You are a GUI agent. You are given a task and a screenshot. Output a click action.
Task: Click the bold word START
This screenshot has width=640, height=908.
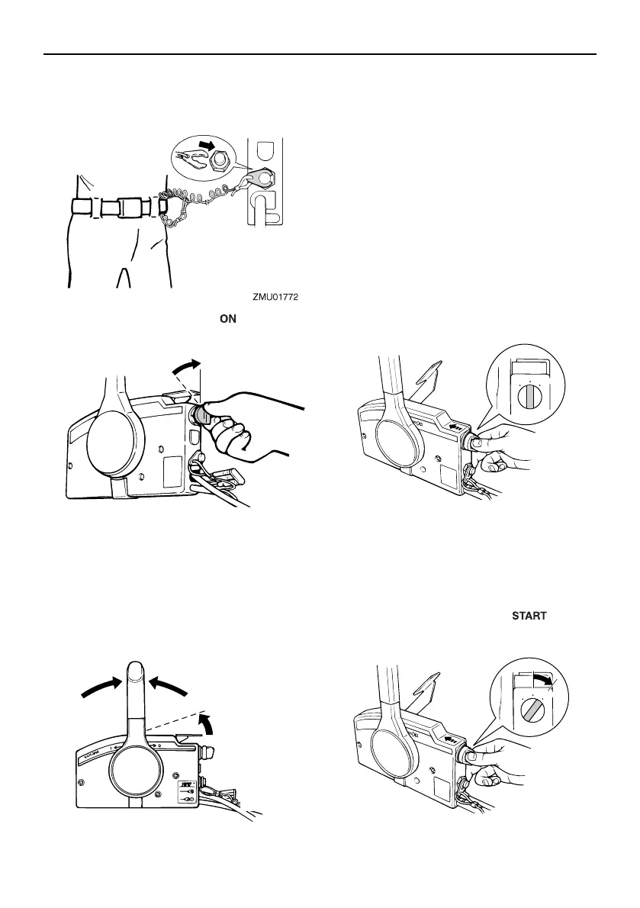point(529,616)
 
